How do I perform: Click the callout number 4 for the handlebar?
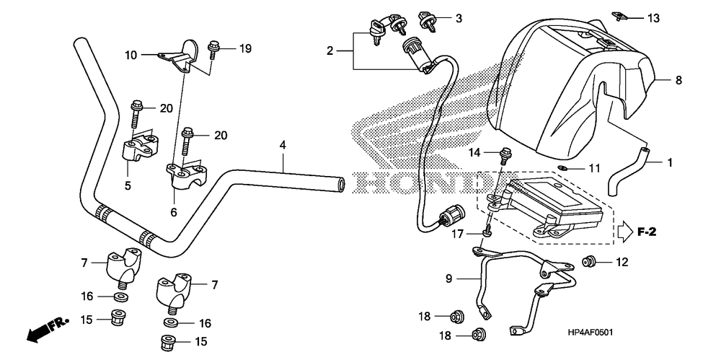point(283,146)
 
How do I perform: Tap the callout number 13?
point(653,17)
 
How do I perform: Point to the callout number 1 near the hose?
point(670,164)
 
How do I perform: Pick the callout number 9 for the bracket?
point(448,278)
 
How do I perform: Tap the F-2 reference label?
point(647,232)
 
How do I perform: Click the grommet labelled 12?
point(590,261)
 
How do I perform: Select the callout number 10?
point(131,55)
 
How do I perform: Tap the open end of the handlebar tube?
point(340,184)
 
